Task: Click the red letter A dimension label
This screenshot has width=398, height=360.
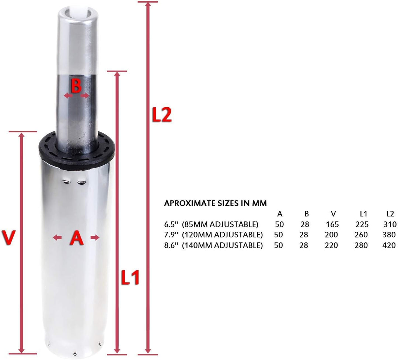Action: (76, 238)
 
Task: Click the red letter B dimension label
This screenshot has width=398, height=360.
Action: (76, 87)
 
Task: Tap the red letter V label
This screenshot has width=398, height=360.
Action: (8, 238)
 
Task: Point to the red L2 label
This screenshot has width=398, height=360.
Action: (162, 115)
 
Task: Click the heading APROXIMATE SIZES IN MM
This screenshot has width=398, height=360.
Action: (215, 203)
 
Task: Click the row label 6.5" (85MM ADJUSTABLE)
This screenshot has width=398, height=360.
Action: (211, 224)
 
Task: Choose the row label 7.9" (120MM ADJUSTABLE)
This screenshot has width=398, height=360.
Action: (213, 235)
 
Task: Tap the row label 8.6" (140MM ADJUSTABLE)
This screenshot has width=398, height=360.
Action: (213, 246)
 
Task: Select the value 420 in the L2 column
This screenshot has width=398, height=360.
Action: (390, 246)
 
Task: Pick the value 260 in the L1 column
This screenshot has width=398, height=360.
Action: (362, 235)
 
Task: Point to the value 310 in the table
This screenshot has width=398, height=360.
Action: (390, 224)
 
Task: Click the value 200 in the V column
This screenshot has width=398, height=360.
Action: (332, 235)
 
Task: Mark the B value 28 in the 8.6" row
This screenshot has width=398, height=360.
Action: (304, 246)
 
